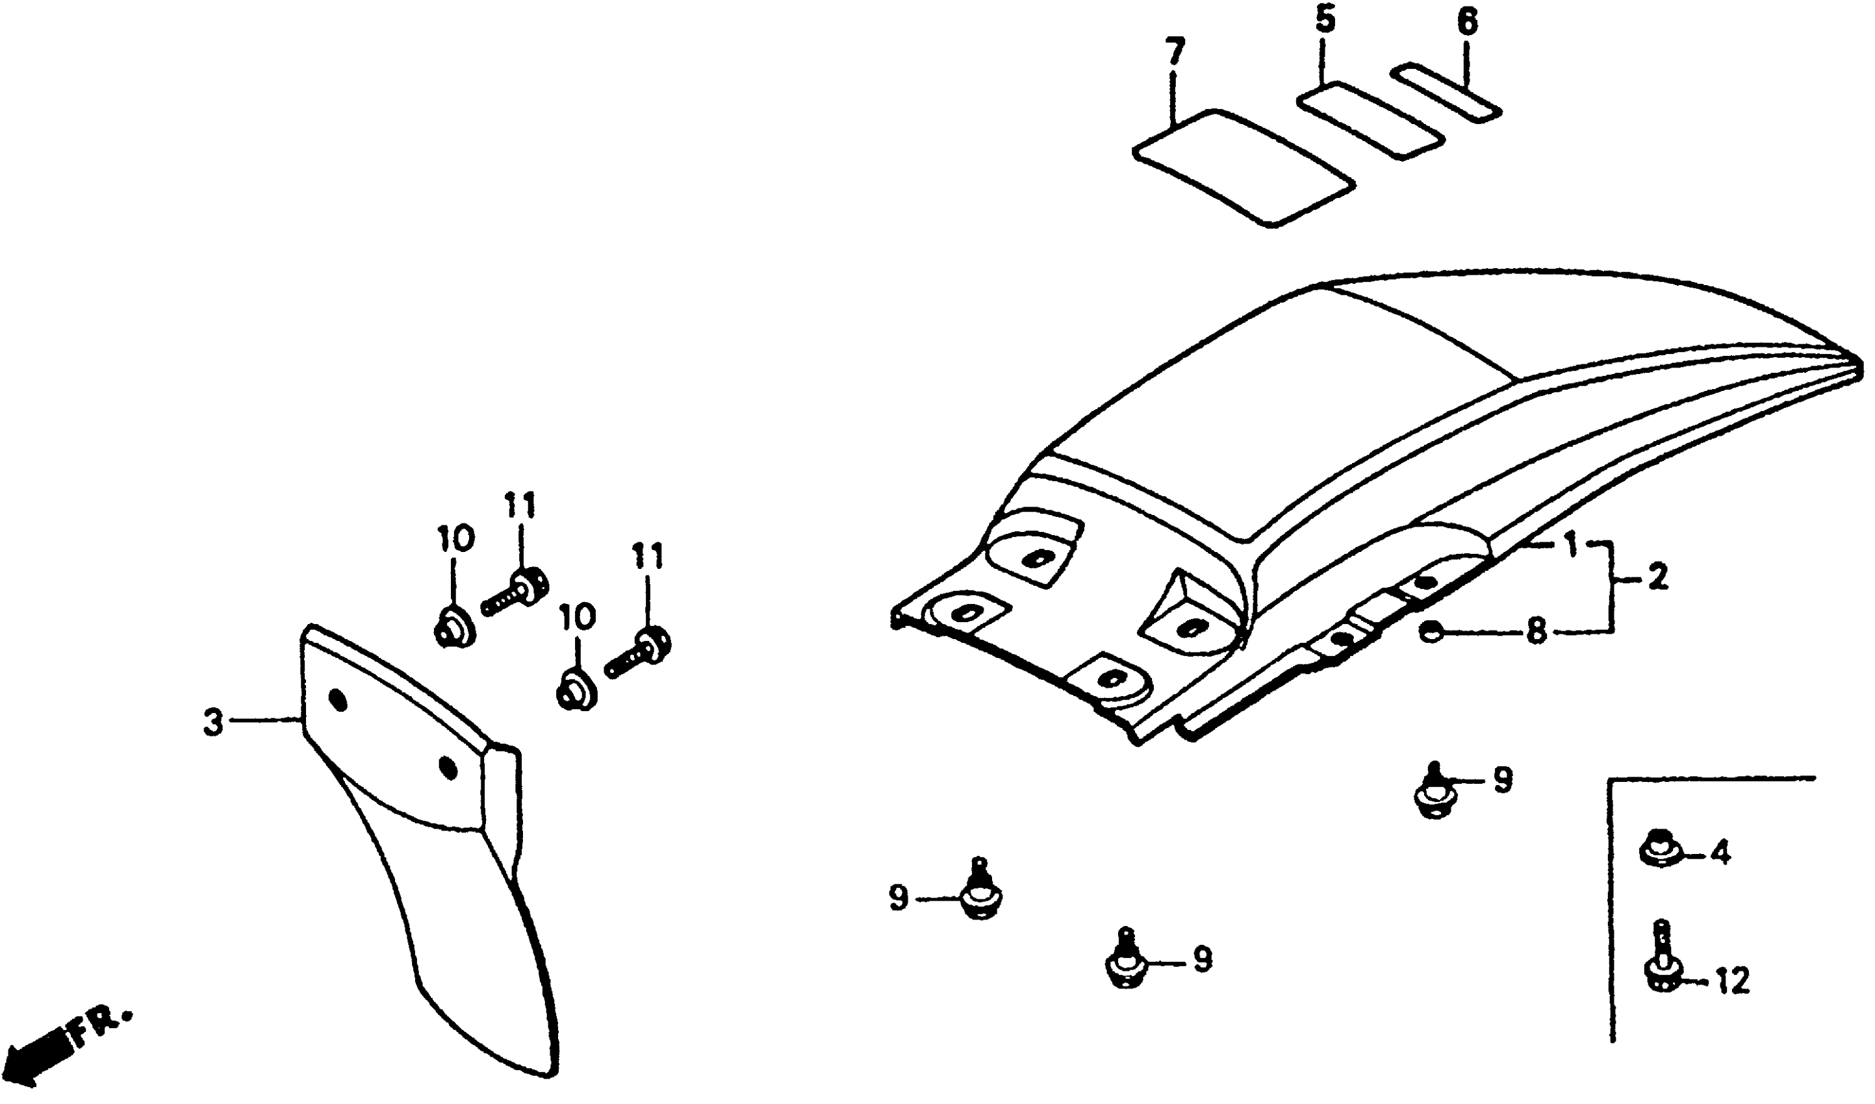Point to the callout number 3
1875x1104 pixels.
point(214,723)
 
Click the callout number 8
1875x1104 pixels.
point(1535,632)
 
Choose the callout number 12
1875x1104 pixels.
point(1733,982)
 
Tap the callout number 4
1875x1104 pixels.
point(1720,854)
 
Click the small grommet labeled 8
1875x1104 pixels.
point(1429,633)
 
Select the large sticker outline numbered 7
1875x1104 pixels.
point(1241,168)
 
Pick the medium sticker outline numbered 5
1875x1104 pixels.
point(1370,121)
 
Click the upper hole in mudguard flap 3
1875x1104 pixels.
point(338,700)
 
